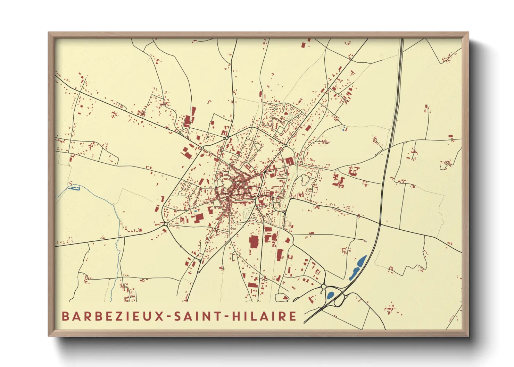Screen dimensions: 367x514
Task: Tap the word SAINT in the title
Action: [x=195, y=316]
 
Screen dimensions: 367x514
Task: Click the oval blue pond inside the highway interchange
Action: [x=330, y=295]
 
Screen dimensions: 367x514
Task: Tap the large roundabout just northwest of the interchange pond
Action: [x=323, y=287]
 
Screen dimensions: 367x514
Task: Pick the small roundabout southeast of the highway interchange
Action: [x=346, y=297]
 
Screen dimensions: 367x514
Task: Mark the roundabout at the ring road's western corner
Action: [x=165, y=225]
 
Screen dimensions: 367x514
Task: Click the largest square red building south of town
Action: [x=254, y=242]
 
